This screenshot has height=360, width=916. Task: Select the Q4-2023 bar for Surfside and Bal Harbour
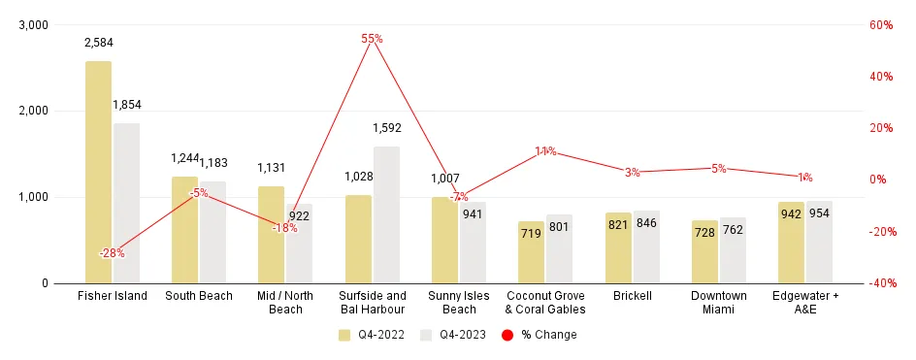point(386,214)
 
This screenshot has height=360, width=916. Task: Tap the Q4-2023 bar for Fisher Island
point(126,203)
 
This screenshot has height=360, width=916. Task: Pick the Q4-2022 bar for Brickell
point(618,247)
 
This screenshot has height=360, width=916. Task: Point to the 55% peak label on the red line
point(372,39)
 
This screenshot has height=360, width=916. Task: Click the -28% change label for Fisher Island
point(112,253)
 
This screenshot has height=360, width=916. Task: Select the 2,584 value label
point(99,43)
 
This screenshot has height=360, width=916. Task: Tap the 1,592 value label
point(387,127)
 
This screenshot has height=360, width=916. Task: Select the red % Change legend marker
point(507,335)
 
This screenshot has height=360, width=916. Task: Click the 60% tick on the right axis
point(880,25)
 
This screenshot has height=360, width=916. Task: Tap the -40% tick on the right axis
point(878,283)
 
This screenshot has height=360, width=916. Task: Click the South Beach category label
point(199,296)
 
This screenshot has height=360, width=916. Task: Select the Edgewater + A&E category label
point(805,302)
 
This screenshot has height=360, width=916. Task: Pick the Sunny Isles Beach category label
point(459,302)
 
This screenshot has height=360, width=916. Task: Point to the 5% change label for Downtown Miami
point(718,169)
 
